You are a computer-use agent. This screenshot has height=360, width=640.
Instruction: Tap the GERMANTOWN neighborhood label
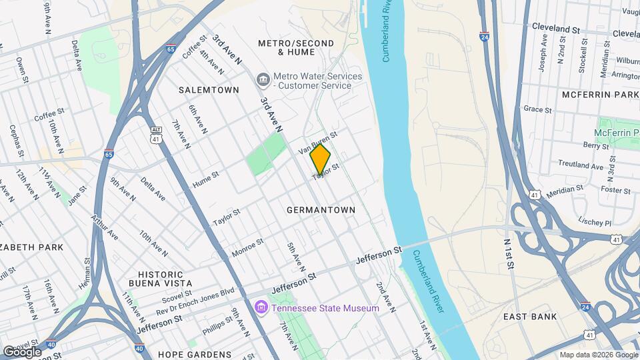point(321,210)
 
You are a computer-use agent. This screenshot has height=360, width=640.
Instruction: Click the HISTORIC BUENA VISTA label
point(160,279)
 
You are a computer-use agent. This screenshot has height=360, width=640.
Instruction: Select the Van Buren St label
point(318,143)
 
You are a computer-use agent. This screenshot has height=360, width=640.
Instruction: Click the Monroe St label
point(247,248)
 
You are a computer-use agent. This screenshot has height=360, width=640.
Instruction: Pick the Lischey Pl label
point(595,221)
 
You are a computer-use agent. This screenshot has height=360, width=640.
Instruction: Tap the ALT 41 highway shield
point(155,137)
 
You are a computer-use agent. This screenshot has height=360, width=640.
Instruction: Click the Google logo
point(22,351)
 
